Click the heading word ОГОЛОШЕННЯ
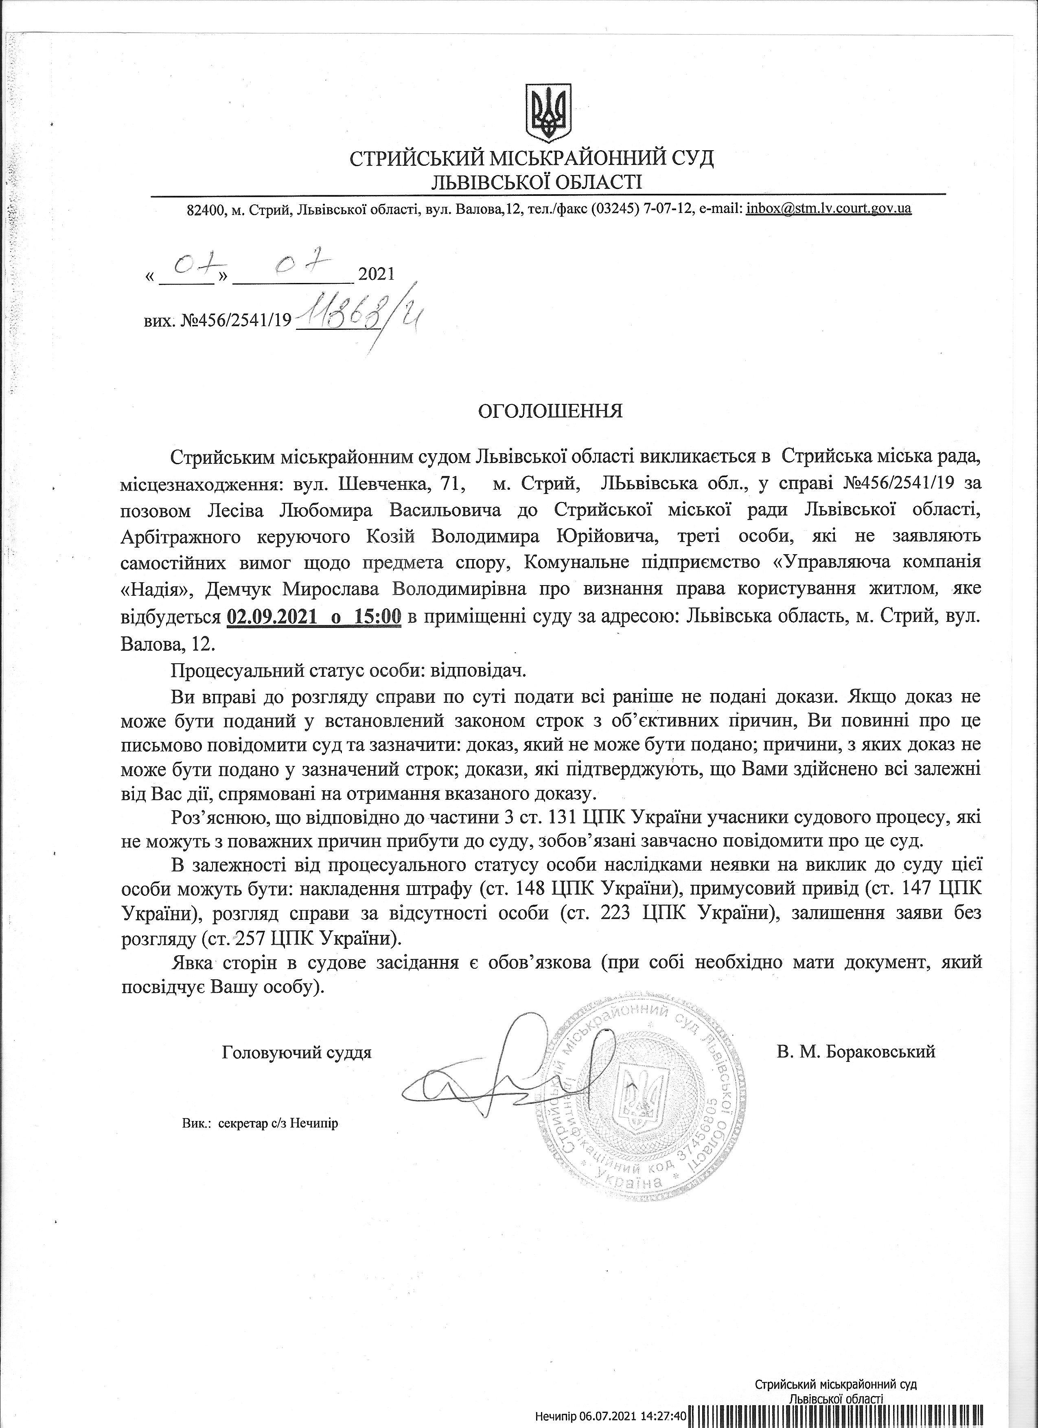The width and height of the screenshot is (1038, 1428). coord(550,411)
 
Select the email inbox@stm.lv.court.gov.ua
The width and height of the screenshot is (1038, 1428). coord(828,209)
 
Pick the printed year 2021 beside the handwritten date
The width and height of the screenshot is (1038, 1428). coord(375,274)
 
